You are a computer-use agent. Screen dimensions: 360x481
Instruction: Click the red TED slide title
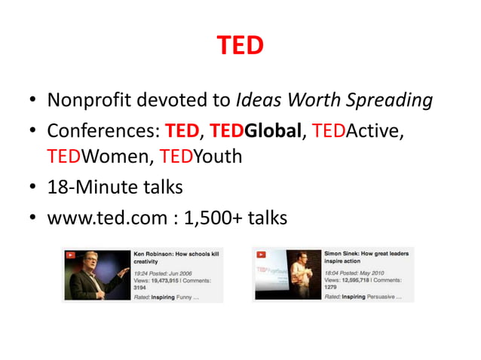[x=240, y=46]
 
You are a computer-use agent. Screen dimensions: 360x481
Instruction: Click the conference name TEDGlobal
[x=256, y=133]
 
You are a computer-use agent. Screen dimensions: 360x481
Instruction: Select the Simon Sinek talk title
[x=367, y=258]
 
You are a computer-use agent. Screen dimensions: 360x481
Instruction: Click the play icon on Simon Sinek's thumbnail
[x=261, y=252]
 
